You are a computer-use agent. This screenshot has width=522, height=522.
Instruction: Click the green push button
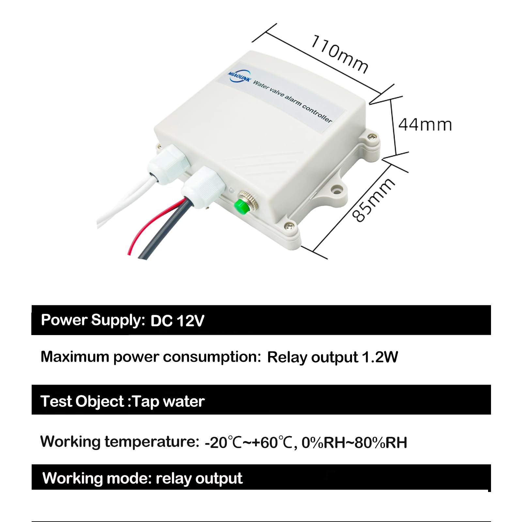[242, 206]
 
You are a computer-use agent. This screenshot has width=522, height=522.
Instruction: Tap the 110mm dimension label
[339, 54]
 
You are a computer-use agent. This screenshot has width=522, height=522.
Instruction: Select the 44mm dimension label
[425, 125]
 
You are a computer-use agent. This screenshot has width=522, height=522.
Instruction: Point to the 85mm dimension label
[374, 200]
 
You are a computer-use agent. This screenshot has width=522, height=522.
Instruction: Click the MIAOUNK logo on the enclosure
[239, 77]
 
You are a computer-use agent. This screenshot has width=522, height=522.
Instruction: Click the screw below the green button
[288, 225]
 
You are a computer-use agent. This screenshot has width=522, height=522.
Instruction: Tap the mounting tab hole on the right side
[336, 189]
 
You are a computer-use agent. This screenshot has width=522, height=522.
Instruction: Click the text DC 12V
[177, 321]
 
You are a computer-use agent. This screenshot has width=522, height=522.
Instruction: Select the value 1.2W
[380, 357]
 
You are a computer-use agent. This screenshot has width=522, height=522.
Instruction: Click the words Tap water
[169, 401]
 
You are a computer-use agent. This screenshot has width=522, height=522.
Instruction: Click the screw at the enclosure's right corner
[371, 137]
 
